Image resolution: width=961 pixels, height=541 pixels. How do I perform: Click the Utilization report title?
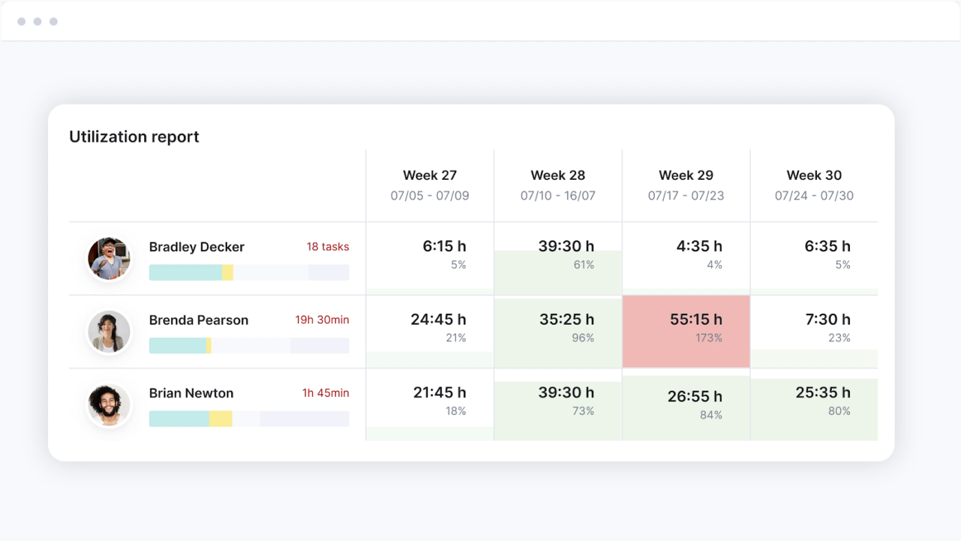pyautogui.click(x=134, y=137)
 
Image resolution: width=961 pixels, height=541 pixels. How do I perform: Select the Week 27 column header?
pyautogui.click(x=430, y=175)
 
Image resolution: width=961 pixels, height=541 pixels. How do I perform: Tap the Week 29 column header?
pyautogui.click(x=686, y=175)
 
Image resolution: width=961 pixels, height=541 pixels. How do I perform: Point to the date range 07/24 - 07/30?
pyautogui.click(x=814, y=196)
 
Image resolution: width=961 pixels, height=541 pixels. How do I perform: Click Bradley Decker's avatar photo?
pyautogui.click(x=109, y=259)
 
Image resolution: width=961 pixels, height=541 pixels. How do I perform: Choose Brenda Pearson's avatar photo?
pyautogui.click(x=109, y=332)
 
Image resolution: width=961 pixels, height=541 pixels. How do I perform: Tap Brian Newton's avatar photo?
pyautogui.click(x=109, y=405)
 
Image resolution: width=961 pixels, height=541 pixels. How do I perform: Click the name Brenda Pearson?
pyautogui.click(x=198, y=320)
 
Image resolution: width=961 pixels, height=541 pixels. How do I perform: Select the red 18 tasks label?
pyautogui.click(x=327, y=246)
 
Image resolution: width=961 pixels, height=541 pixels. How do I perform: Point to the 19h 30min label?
pyautogui.click(x=322, y=320)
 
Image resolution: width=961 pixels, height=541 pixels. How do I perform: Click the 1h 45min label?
pyautogui.click(x=325, y=393)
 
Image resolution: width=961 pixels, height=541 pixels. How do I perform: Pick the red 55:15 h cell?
pyautogui.click(x=686, y=332)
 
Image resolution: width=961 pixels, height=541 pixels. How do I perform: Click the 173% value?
pyautogui.click(x=708, y=338)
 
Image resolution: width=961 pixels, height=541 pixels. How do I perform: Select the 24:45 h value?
pyautogui.click(x=439, y=319)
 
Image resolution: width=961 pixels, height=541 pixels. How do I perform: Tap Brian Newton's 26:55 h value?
pyautogui.click(x=695, y=397)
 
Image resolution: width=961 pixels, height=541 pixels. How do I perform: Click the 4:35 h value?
pyautogui.click(x=699, y=246)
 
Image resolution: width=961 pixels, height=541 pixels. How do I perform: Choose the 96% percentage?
pyautogui.click(x=583, y=338)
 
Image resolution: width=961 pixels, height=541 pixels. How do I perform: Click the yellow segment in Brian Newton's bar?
pyautogui.click(x=220, y=419)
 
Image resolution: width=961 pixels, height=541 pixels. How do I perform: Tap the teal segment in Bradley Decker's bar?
pyautogui.click(x=185, y=273)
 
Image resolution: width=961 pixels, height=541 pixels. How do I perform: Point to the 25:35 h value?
pyautogui.click(x=823, y=393)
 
